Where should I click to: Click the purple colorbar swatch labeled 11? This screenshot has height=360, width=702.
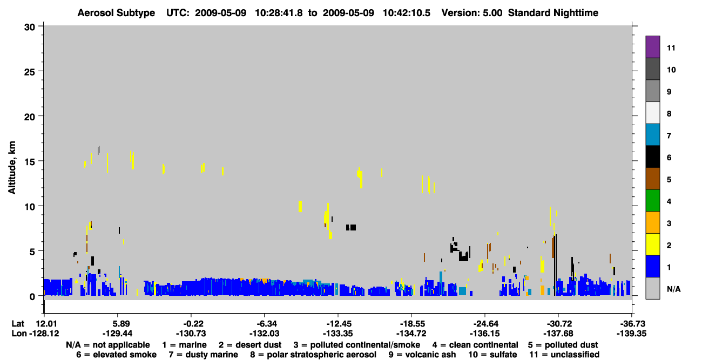[652, 47]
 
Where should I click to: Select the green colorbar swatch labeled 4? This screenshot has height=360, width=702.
[652, 201]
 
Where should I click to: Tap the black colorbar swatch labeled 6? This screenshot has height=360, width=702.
[652, 157]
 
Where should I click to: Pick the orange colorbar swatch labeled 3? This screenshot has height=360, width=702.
[652, 222]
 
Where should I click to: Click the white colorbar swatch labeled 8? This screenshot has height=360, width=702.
[652, 113]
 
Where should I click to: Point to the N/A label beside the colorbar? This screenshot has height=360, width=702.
[673, 289]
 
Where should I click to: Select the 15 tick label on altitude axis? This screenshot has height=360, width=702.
[30, 162]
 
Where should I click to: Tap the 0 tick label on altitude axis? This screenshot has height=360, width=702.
[32, 297]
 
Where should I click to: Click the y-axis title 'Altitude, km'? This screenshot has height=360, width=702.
[12, 168]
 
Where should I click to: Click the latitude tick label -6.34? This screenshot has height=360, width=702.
[264, 324]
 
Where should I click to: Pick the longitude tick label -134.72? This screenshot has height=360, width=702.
[411, 334]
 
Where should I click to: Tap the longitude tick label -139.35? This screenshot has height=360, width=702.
[631, 334]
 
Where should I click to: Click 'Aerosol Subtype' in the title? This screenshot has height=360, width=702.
[116, 13]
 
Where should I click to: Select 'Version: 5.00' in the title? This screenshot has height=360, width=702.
[472, 13]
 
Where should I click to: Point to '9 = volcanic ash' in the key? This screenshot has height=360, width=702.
[422, 355]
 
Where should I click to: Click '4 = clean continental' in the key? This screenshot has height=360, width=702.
[475, 345]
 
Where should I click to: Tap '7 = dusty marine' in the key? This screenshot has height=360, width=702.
[204, 355]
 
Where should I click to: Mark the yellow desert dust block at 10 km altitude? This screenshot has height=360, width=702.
[300, 207]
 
